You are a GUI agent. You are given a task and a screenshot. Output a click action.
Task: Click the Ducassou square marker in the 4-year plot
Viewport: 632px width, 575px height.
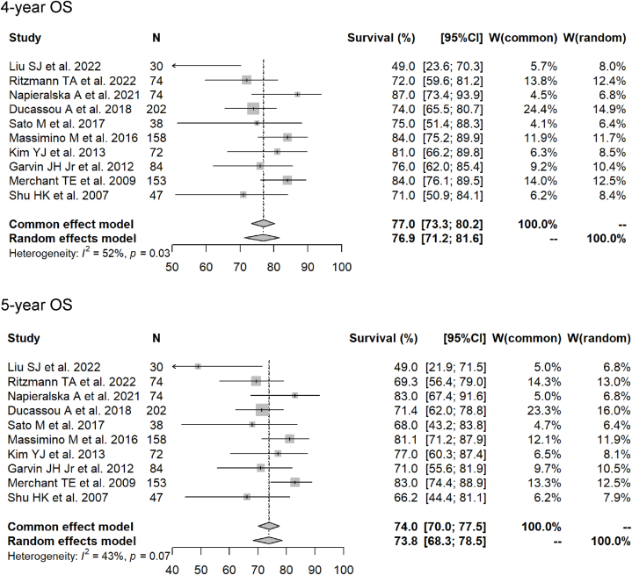(x=254, y=109)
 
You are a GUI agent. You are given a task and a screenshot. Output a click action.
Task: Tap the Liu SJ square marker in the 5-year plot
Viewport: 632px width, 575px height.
(x=198, y=366)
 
